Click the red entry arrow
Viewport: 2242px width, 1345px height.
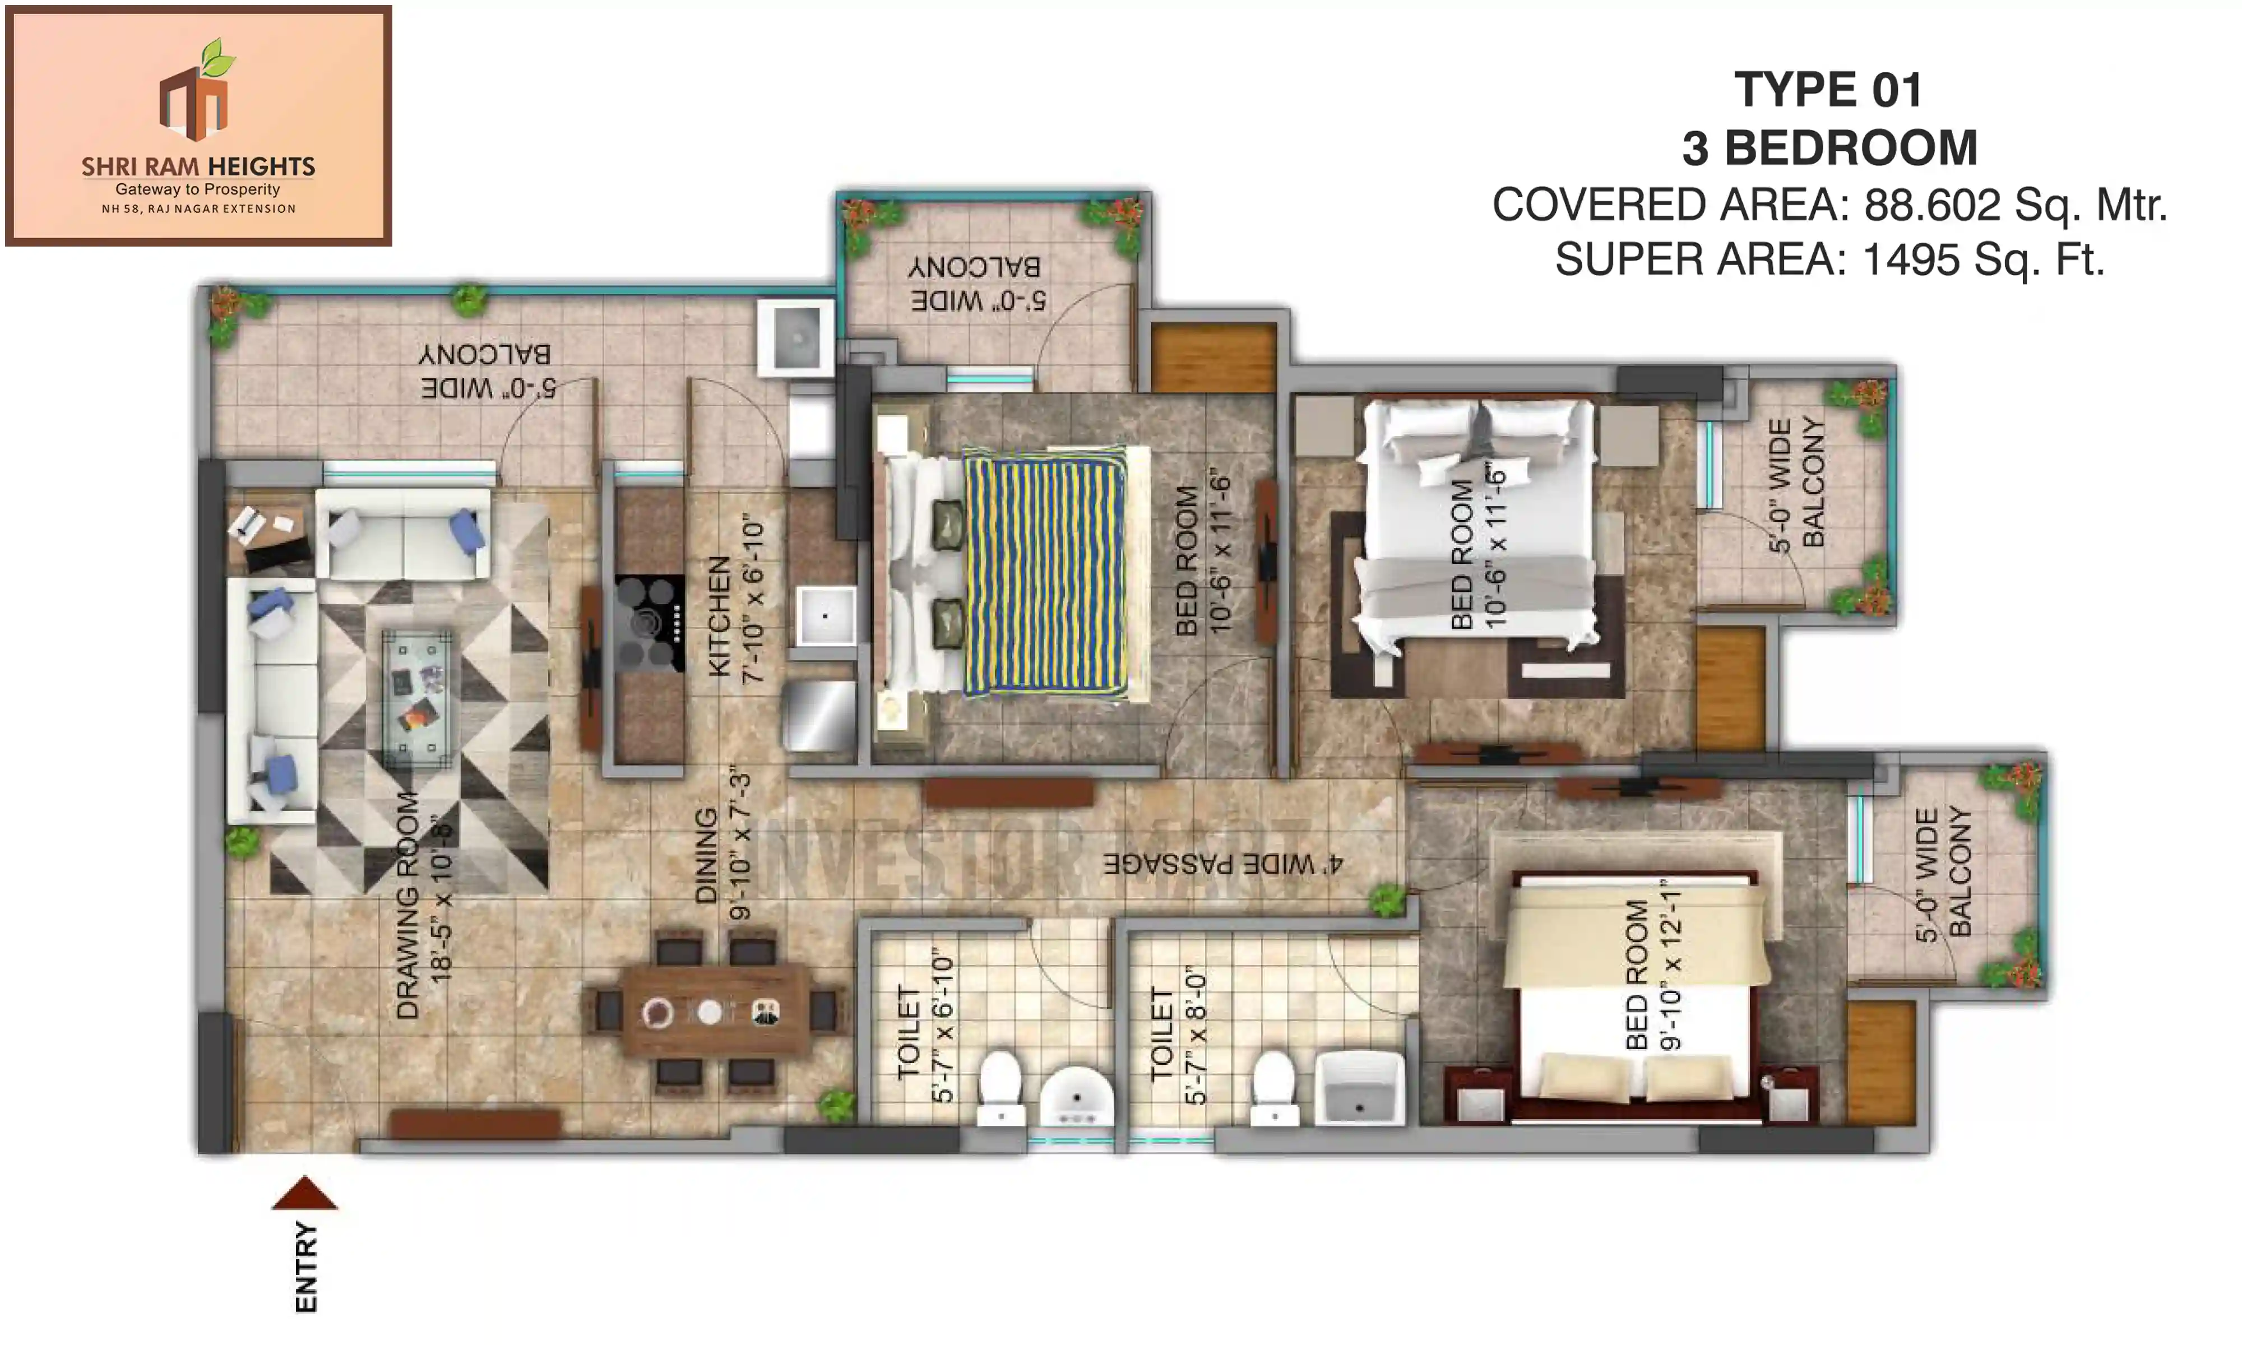tap(304, 1195)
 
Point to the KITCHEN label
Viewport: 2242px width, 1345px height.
tap(719, 616)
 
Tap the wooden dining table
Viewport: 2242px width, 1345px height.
tap(715, 1010)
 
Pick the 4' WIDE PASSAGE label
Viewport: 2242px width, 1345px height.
tap(1221, 864)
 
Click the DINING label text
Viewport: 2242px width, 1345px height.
tap(705, 856)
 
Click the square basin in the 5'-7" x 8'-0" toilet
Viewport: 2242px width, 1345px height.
tap(1359, 1088)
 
